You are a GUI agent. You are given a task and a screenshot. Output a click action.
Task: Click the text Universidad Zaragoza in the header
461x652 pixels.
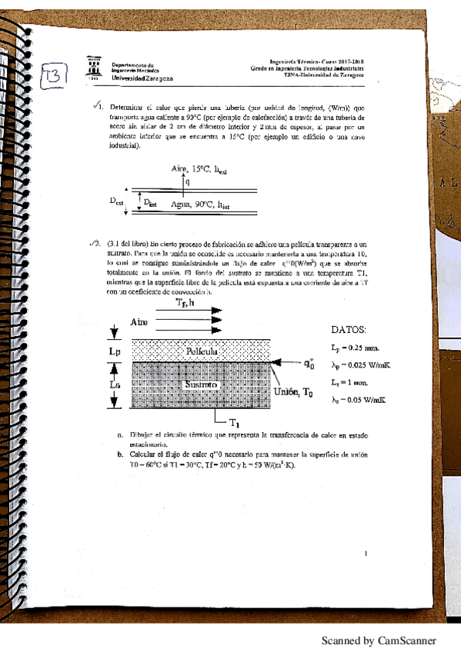(x=143, y=78)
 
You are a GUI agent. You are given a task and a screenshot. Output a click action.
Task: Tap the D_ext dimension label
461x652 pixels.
(x=116, y=201)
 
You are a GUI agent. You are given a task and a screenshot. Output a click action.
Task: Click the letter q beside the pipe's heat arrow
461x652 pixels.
(x=188, y=181)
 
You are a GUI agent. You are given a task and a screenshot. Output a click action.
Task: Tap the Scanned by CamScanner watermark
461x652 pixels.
(x=379, y=640)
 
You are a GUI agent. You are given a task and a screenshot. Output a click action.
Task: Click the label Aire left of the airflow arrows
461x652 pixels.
(x=139, y=321)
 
